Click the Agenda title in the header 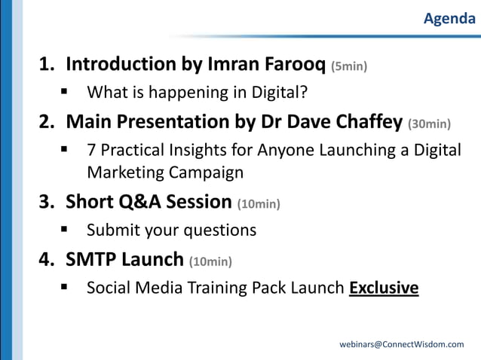tap(449, 19)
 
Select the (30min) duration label tap(429, 123)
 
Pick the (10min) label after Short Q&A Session tap(258, 203)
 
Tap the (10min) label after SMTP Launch tap(210, 261)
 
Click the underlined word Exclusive tap(384, 288)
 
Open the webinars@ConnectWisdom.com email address tap(402, 344)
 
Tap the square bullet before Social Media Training tap(66, 288)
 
